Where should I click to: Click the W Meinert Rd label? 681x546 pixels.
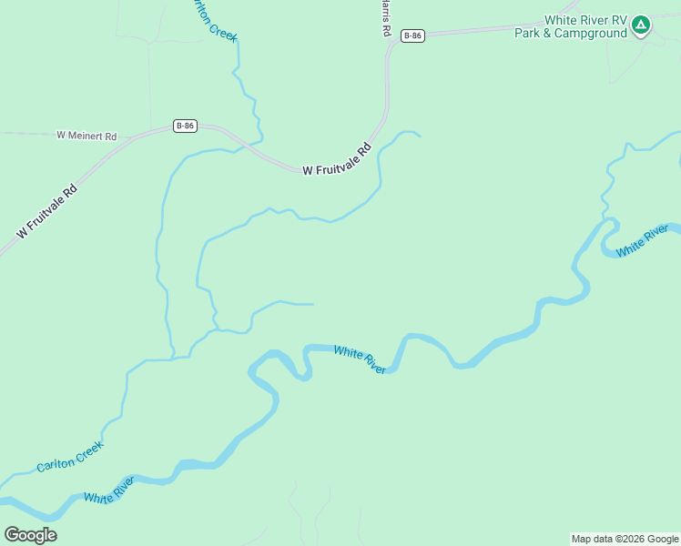click(x=87, y=136)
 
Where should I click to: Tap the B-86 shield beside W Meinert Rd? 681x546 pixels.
click(x=185, y=126)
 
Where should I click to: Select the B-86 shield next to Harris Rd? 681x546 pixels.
click(x=412, y=35)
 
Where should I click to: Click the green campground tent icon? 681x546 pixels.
click(x=641, y=25)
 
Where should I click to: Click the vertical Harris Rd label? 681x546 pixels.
click(x=387, y=18)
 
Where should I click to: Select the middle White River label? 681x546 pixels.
click(x=360, y=358)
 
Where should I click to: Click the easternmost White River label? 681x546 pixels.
click(x=643, y=239)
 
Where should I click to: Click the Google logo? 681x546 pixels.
click(x=30, y=535)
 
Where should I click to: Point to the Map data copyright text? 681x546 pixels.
click(x=625, y=539)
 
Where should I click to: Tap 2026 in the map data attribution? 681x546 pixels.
click(x=633, y=539)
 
